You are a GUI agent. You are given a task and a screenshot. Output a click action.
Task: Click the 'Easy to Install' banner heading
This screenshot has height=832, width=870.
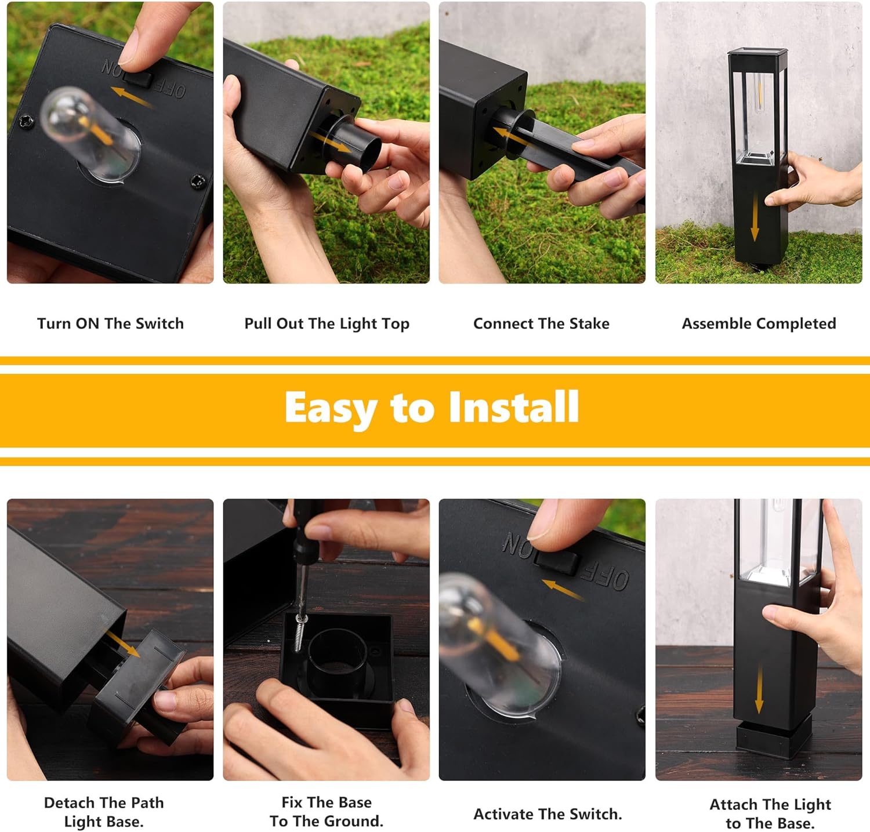[x=432, y=408]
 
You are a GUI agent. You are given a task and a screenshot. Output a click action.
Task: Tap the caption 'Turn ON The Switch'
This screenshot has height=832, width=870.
[x=110, y=324]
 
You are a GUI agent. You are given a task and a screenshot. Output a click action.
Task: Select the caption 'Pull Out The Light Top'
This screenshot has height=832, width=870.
[x=327, y=324]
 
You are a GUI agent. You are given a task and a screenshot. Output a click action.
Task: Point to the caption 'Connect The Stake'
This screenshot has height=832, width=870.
[x=541, y=324]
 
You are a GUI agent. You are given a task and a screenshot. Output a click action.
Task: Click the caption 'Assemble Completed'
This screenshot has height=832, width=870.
[x=759, y=324]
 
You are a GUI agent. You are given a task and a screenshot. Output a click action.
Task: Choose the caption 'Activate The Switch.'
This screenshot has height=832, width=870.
[x=548, y=814]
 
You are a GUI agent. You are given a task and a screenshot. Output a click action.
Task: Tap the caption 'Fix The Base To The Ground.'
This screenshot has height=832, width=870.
[x=327, y=812]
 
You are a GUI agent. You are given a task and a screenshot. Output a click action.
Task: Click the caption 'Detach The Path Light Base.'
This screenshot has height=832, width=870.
[x=104, y=812]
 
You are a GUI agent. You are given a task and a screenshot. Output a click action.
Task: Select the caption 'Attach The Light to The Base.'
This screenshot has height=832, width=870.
[x=770, y=813]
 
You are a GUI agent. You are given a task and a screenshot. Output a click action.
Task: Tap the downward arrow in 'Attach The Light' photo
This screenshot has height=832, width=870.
[x=759, y=689]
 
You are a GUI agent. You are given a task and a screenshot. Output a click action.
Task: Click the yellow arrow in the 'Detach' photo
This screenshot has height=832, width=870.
[x=122, y=642]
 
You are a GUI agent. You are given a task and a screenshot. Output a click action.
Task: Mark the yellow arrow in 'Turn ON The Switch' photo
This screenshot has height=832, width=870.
[x=132, y=96]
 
